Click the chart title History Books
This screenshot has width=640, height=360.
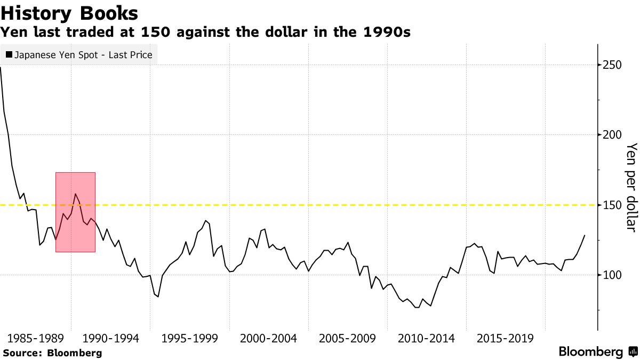click(69, 13)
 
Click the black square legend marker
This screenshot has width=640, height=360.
click(9, 54)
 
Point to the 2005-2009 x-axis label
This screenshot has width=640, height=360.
click(348, 339)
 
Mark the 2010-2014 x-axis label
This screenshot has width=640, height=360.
click(427, 339)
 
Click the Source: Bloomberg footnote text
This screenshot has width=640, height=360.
click(52, 353)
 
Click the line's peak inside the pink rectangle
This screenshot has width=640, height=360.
click(75, 194)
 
